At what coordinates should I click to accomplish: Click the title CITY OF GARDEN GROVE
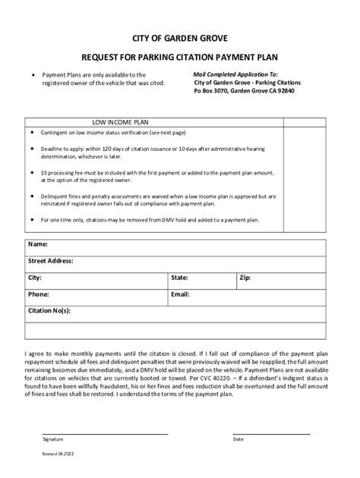179,36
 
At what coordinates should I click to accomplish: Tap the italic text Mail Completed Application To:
235,74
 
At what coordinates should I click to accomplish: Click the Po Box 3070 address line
244,90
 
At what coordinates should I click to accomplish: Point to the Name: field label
38,244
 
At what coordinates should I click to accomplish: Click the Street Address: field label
51,261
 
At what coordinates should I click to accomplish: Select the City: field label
35,278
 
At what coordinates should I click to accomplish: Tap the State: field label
179,278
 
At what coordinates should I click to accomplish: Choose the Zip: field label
245,278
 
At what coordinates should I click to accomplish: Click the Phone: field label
39,294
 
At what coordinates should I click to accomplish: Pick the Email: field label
180,294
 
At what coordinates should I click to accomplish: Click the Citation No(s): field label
49,310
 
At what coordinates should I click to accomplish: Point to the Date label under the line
238,439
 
